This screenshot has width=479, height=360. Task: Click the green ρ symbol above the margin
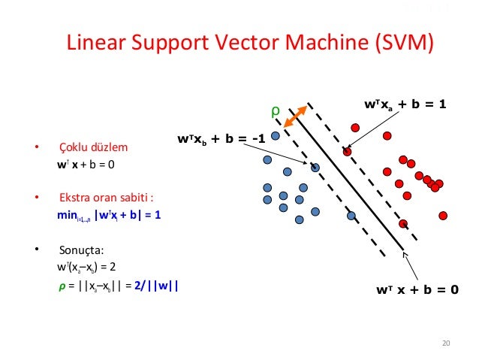point(275,113)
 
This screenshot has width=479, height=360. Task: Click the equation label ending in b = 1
point(405,104)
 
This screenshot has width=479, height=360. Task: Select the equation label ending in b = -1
point(221,138)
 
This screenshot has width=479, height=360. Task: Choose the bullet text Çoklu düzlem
point(95,147)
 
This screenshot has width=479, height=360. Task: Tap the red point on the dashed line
point(347,152)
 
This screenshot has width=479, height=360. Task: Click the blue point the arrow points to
point(315,167)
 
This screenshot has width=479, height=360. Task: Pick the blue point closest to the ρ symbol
point(276,136)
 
